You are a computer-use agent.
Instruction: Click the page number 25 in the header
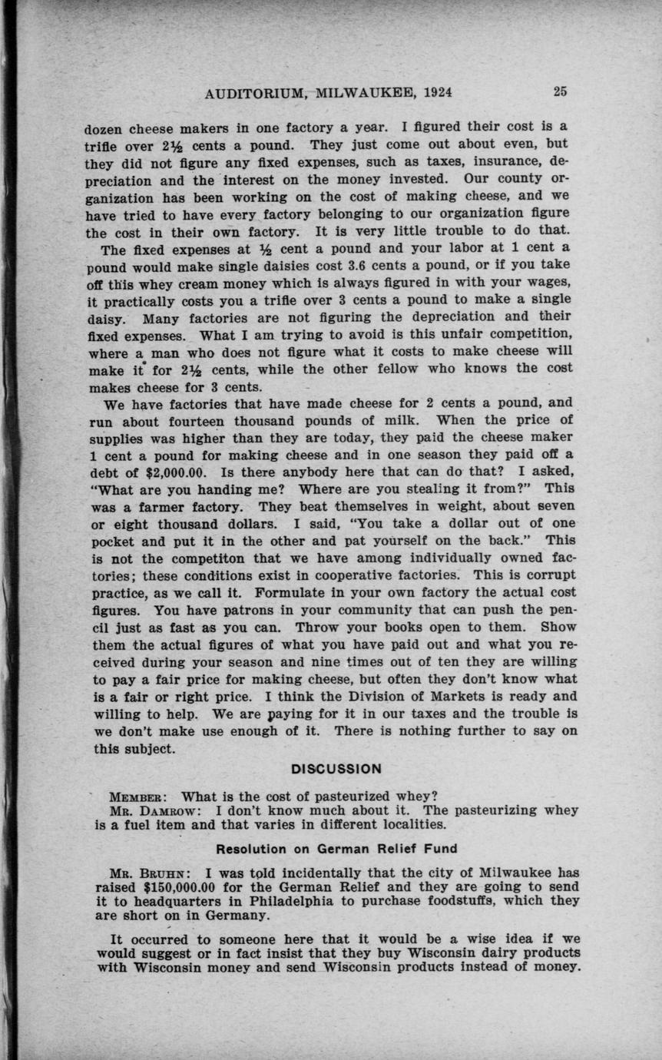point(560,92)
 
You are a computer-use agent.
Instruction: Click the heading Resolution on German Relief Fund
point(336,849)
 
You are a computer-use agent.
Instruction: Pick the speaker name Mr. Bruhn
point(140,873)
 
